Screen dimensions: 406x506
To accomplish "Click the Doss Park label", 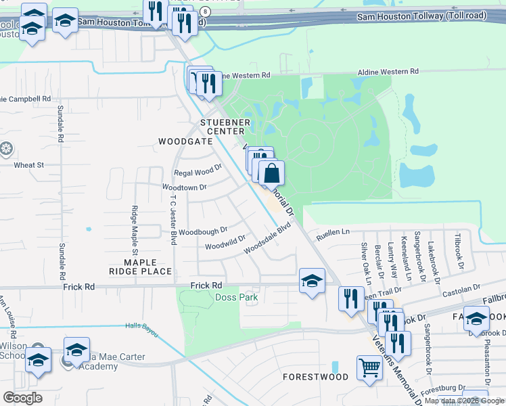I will (x=236, y=297).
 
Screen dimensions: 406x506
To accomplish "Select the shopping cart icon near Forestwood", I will (x=369, y=369).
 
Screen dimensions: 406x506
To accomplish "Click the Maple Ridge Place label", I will (x=141, y=267).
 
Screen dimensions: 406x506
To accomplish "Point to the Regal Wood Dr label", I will (x=198, y=169).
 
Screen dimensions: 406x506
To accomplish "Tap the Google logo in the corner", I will (x=22, y=398).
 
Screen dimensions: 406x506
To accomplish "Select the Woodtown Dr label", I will (x=183, y=187).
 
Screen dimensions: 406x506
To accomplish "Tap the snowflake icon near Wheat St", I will (x=6, y=148).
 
